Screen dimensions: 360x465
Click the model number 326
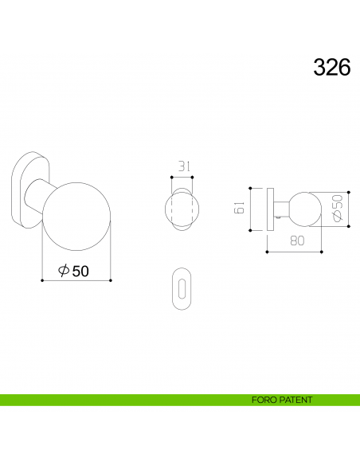click(332, 67)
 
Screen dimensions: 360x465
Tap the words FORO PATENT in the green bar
click(282, 400)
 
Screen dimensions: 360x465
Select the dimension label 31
click(184, 166)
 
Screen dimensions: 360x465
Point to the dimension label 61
click(239, 207)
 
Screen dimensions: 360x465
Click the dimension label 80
click(297, 240)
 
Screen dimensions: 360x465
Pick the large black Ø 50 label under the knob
click(73, 271)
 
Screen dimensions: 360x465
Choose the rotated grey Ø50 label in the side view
click(338, 208)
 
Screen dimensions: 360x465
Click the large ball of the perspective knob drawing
click(76, 217)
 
